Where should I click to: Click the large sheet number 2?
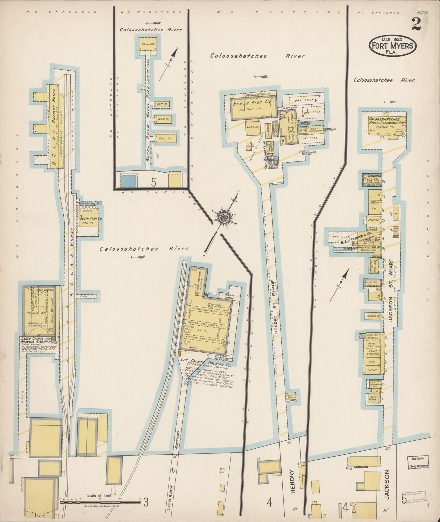pos(416,24)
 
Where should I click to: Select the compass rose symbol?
pos(226,217)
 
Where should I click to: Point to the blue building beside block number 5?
pos(128,181)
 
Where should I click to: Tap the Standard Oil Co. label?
pos(372,178)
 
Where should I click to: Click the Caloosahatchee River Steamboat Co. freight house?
pos(386,121)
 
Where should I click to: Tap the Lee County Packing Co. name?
pos(206,362)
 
